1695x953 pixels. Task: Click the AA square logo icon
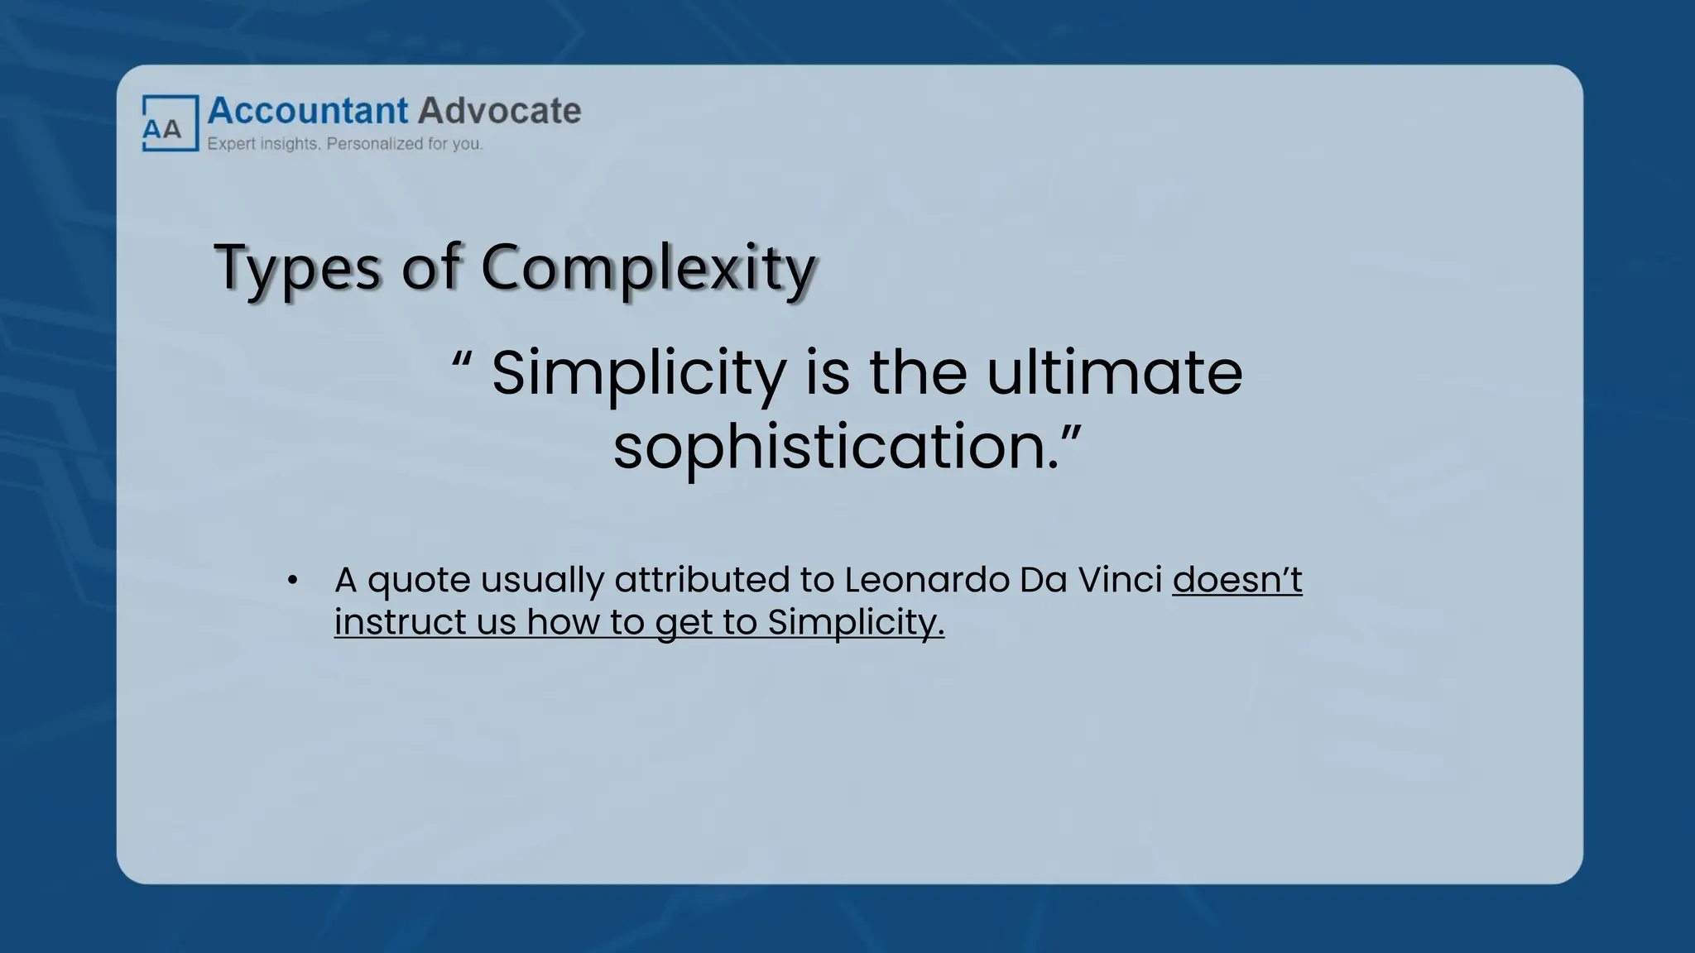pyautogui.click(x=170, y=123)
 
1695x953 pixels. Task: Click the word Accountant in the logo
pyautogui.click(x=308, y=111)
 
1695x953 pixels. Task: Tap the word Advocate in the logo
pyautogui.click(x=499, y=111)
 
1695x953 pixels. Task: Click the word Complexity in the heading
pyautogui.click(x=648, y=268)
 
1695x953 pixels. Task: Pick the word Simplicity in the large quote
pyautogui.click(x=638, y=373)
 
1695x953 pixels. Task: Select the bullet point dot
pyautogui.click(x=292, y=581)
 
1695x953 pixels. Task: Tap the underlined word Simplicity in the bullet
pyautogui.click(x=855, y=623)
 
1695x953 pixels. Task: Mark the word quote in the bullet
pyautogui.click(x=419, y=581)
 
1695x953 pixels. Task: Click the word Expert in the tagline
pyautogui.click(x=231, y=144)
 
